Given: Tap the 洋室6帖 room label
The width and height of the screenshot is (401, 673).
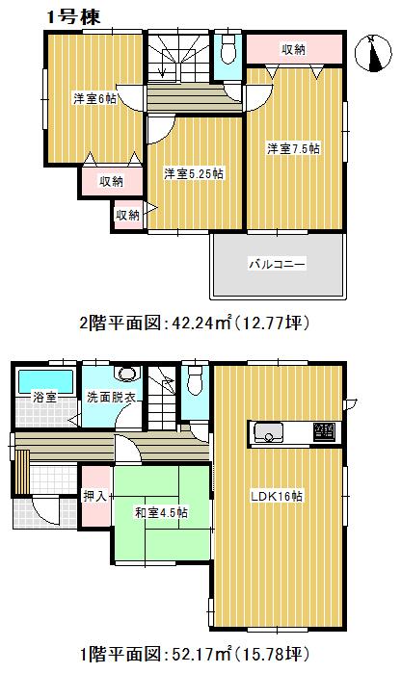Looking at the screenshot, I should (x=94, y=98).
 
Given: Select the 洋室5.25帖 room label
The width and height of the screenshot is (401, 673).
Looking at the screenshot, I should (x=194, y=173).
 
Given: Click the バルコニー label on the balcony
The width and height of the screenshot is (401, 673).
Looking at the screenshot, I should (x=277, y=263).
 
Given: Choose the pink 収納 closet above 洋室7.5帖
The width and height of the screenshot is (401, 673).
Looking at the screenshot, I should (x=294, y=47).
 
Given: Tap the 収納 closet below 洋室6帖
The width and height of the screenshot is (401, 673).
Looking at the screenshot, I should (x=109, y=180).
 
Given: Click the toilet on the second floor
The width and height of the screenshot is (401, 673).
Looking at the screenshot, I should (x=227, y=48).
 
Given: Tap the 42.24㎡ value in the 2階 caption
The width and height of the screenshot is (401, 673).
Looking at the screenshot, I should (x=171, y=322).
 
